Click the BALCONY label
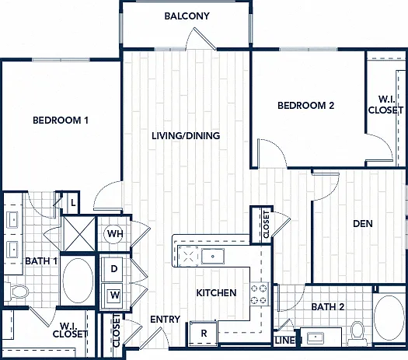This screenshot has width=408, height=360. coord(187,16)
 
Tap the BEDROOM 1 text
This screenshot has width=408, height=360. coord(61,121)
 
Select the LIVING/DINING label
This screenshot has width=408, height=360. coord(186,135)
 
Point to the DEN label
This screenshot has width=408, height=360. coord(363,224)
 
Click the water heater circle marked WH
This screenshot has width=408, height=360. coord(113,234)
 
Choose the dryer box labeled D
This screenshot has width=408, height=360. coord(112,269)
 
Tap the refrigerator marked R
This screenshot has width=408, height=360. coord(203,334)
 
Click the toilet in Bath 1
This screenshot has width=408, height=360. coord(16,291)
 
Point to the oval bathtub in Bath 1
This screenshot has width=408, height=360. coord(78,281)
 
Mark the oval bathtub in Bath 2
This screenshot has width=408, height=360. coord(389,318)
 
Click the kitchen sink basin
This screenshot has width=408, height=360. coord(213,256)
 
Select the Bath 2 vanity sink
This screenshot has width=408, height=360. coord(315,337)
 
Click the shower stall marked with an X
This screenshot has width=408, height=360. coord(78,233)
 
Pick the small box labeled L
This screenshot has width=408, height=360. coord(73,202)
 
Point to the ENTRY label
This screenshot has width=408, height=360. coord(166,320)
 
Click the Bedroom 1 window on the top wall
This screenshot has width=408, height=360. coord(61,60)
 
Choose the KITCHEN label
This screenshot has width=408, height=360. coord(216,293)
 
